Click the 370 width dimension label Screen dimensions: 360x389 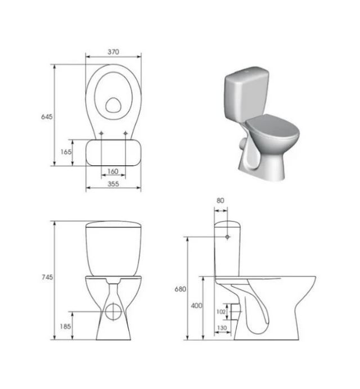click(x=113, y=52)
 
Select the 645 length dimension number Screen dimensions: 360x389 click(x=47, y=116)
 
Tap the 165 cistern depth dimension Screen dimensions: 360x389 click(x=66, y=152)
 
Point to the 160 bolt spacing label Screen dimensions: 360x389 click(x=113, y=171)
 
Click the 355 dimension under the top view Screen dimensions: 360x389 click(x=113, y=184)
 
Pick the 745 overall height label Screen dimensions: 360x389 click(x=47, y=277)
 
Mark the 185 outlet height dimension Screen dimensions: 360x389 click(x=65, y=326)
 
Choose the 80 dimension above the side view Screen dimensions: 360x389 click(x=220, y=201)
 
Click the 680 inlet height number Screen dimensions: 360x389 click(x=180, y=289)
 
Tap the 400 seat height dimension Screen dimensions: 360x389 click(x=197, y=306)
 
